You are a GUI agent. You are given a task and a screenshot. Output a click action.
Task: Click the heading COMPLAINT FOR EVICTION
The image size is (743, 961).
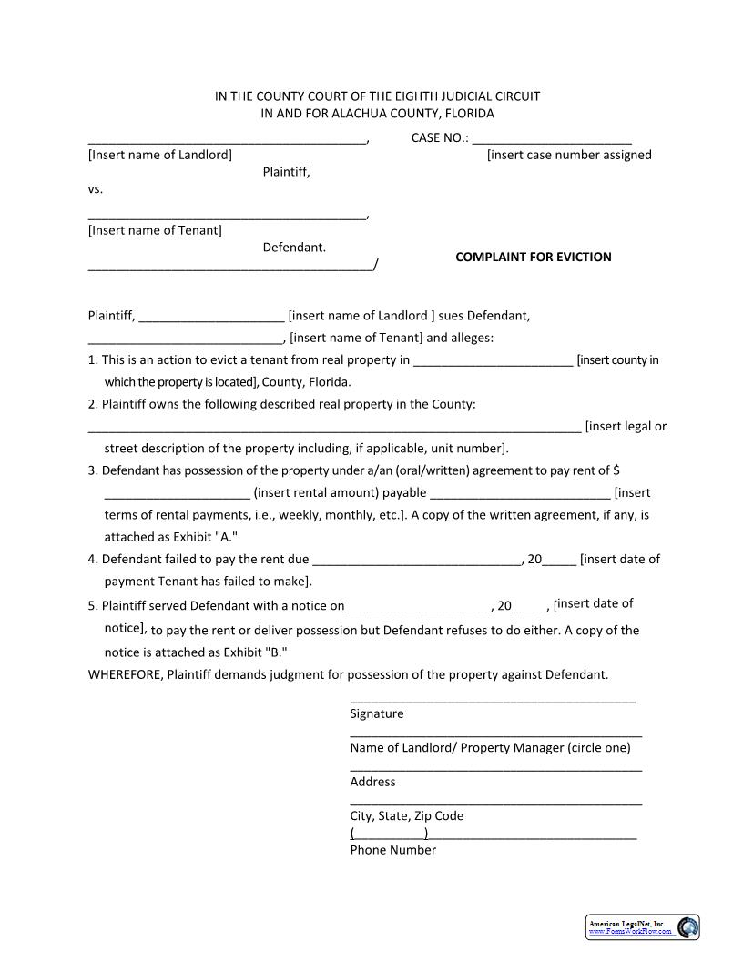[533, 257]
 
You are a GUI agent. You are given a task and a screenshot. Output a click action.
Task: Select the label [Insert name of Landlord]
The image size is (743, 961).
[159, 155]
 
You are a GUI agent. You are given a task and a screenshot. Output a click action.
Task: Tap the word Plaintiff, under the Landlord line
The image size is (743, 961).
[286, 172]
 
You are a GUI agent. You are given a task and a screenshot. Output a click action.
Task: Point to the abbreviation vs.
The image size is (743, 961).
[96, 189]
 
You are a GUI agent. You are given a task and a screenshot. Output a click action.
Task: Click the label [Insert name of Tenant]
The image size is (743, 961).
[155, 230]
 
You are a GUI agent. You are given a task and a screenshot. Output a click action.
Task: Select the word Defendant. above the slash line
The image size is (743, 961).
[294, 247]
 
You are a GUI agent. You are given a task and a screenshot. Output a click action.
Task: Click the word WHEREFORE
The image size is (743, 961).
[125, 674]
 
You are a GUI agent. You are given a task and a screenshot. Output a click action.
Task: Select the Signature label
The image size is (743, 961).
[376, 713]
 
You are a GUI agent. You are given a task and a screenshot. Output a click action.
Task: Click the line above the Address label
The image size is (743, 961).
[495, 770]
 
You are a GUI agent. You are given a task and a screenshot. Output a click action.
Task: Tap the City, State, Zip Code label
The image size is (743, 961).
[406, 815]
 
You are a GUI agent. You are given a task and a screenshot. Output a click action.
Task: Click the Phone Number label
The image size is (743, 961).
[392, 850]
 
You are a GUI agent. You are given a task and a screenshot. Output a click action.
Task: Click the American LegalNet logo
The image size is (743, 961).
[642, 927]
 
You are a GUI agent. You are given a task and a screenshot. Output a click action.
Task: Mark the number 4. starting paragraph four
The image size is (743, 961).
[93, 559]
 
